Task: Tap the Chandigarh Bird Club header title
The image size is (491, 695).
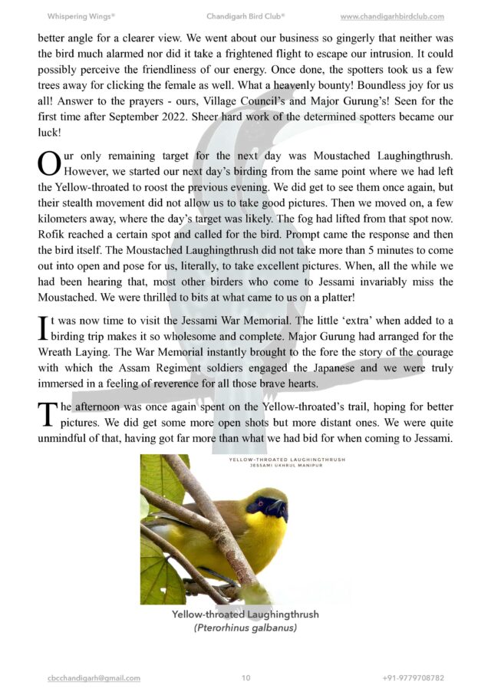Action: pos(245,16)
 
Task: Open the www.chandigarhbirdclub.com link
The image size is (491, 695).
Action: pos(392,16)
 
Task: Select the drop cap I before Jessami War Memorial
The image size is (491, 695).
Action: pos(42,328)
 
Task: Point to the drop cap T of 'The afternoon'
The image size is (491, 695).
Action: pos(46,413)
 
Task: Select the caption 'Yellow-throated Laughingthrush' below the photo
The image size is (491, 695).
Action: pos(245,615)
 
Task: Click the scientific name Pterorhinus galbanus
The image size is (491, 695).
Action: pos(245,628)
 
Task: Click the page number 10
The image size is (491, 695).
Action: pos(245,678)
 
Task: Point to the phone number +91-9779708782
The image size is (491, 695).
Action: pos(413,678)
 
